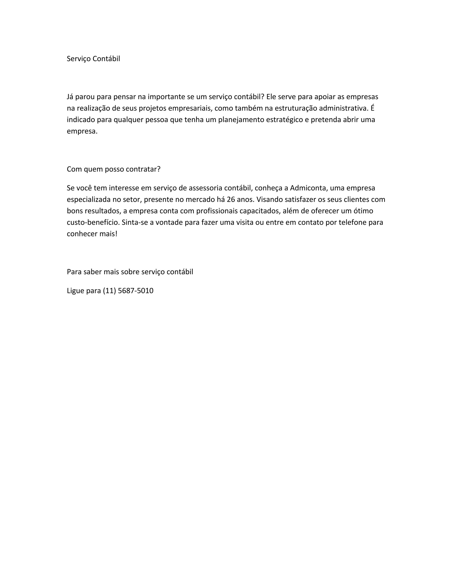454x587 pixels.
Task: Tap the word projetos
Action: coord(153,108)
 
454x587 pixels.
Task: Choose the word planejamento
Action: coord(241,120)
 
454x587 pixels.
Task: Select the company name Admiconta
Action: coord(308,188)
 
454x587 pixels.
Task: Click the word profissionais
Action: coord(217,211)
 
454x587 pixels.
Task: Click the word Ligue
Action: coord(75,291)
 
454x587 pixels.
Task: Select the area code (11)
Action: coord(109,291)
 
